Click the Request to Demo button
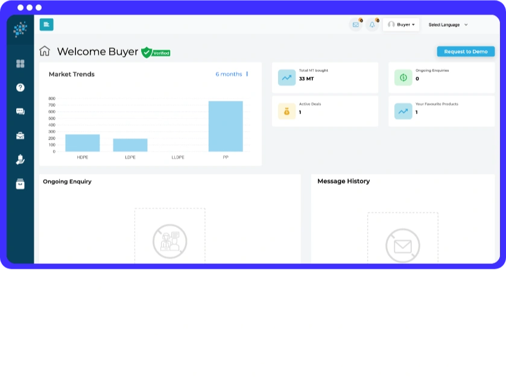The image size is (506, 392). (466, 51)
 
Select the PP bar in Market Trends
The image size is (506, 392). (226, 126)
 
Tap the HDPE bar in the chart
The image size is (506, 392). (82, 143)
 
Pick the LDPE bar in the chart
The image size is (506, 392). (130, 145)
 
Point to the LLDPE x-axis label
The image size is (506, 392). (178, 158)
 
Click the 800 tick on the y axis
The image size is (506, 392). (52, 98)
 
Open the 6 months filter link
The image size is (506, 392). (229, 74)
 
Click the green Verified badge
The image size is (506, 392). (156, 53)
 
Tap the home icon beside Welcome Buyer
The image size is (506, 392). (45, 51)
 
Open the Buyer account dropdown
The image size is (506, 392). (401, 25)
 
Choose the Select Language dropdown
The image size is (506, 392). (448, 25)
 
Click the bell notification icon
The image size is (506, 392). (372, 25)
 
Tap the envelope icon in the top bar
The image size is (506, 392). (356, 25)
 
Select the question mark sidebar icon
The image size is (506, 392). (21, 88)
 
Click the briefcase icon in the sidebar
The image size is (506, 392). (21, 136)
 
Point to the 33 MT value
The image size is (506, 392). (306, 79)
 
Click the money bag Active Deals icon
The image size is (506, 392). (286, 111)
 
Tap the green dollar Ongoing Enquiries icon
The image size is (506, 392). (403, 77)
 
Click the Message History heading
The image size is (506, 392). (343, 181)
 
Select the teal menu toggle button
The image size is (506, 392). (46, 25)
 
